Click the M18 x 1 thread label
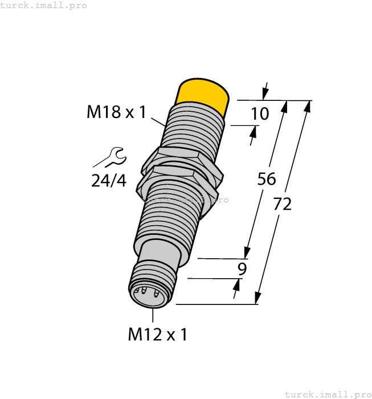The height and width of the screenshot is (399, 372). point(116,112)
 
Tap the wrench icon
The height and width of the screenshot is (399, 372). point(109,157)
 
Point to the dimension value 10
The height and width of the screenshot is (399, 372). point(260,114)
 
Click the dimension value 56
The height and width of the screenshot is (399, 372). point(266,179)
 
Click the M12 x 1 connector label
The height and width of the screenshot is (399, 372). point(157,335)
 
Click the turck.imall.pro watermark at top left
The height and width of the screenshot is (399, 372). point(44,5)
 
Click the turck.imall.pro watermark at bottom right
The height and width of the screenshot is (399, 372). point(327,394)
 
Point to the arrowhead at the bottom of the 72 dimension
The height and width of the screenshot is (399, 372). point(257,298)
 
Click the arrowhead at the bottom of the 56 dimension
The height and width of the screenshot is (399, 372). point(247,251)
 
